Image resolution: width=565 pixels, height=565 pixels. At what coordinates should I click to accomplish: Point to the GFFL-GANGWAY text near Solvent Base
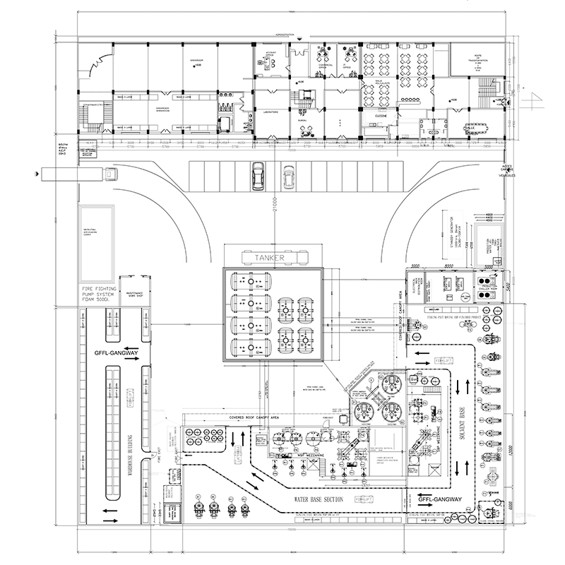(439, 500)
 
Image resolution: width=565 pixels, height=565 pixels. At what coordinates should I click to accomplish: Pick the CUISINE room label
(381, 115)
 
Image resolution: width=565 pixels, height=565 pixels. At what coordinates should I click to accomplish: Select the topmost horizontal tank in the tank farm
(249, 280)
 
